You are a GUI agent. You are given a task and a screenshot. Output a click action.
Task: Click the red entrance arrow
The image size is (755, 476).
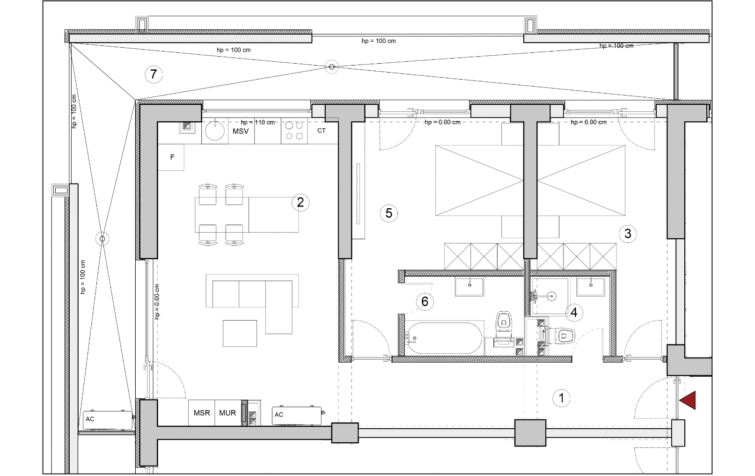(688, 401)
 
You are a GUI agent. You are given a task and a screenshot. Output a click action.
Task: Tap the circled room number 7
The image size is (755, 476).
(154, 74)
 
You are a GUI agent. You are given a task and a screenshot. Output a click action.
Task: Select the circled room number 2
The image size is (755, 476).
(301, 202)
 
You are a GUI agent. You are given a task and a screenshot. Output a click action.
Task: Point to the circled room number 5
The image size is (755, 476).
(388, 213)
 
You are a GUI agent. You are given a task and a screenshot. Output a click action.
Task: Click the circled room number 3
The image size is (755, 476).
(628, 234)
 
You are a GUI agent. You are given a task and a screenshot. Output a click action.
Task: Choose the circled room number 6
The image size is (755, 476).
(425, 301)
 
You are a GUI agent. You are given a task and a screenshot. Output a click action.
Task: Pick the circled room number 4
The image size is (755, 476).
(574, 312)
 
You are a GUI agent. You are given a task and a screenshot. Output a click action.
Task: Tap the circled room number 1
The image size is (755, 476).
(561, 398)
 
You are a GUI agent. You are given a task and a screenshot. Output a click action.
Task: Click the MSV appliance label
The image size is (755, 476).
(241, 131)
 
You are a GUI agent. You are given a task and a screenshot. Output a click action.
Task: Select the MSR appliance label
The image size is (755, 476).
(202, 413)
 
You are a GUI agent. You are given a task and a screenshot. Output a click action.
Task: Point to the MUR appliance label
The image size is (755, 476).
(227, 413)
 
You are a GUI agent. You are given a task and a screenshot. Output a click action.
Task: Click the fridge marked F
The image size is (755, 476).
(171, 157)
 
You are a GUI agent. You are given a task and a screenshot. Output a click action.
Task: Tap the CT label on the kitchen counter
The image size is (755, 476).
(322, 131)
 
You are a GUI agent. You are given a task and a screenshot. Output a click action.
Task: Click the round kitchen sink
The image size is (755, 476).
(215, 131)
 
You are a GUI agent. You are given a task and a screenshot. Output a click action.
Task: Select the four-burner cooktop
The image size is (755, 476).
(294, 131)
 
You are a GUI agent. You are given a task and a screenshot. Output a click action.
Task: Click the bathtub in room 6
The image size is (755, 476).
(444, 338)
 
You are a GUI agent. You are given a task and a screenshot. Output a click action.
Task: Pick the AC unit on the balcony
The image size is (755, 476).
(108, 420)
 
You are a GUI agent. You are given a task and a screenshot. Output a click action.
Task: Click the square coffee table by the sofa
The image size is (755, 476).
(240, 333)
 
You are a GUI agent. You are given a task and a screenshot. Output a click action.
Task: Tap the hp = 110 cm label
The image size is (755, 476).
(258, 122)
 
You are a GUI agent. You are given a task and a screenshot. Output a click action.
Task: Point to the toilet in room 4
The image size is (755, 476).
(562, 336)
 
